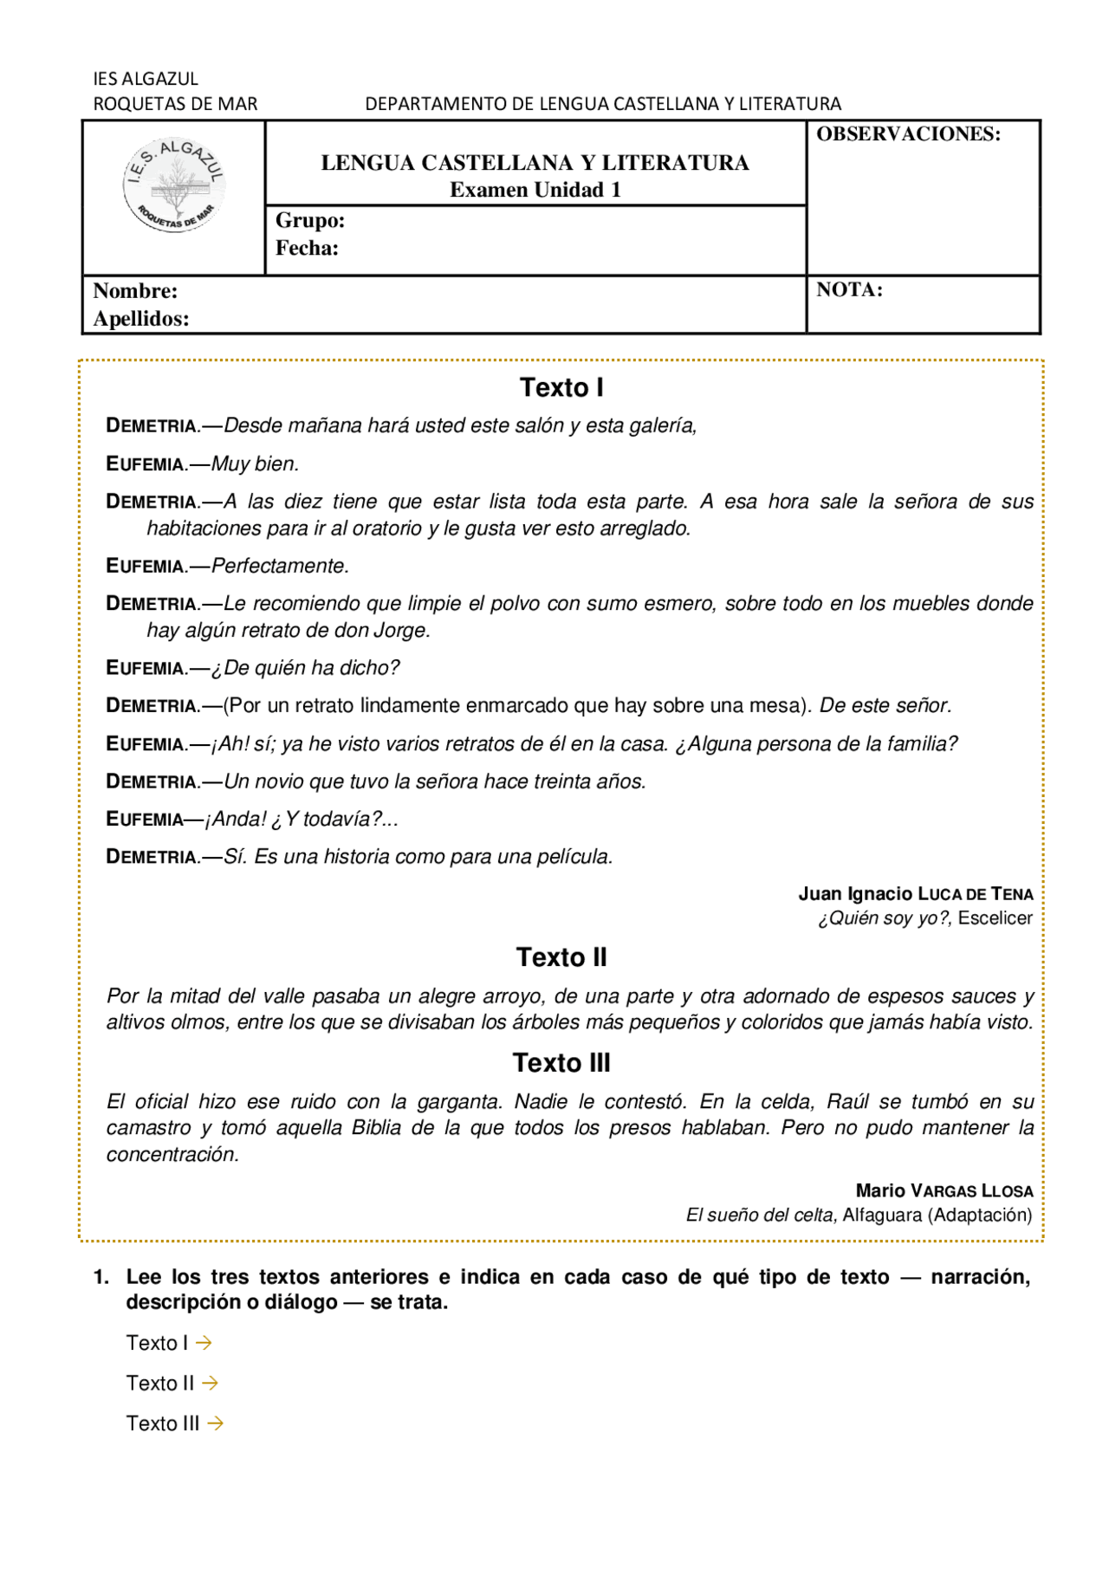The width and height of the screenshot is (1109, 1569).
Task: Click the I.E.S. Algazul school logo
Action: [x=174, y=185]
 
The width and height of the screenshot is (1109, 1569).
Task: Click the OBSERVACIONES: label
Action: [x=908, y=134]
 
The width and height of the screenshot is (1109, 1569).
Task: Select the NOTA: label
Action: [x=849, y=289]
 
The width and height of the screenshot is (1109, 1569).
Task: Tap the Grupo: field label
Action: [x=310, y=220]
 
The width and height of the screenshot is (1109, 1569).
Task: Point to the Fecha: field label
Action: [x=307, y=248]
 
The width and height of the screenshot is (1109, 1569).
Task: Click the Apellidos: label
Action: [x=141, y=318]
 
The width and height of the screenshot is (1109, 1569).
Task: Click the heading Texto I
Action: [x=561, y=387]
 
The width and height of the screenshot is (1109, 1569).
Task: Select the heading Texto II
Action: [x=561, y=957]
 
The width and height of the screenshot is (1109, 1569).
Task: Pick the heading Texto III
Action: [x=561, y=1063]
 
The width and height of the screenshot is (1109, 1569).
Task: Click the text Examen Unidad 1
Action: [x=535, y=190]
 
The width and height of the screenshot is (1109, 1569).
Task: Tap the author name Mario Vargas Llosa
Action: [x=944, y=1190]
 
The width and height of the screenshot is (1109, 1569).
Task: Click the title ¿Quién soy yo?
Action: [x=885, y=918]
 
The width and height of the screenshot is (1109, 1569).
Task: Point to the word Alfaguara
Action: [x=881, y=1215]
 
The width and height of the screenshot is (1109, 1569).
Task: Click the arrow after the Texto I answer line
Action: [x=204, y=1343]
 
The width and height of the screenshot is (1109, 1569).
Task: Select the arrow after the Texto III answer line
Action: [x=216, y=1423]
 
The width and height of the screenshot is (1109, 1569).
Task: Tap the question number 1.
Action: [x=101, y=1277]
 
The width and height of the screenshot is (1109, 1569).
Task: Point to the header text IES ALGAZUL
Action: [x=146, y=79]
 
